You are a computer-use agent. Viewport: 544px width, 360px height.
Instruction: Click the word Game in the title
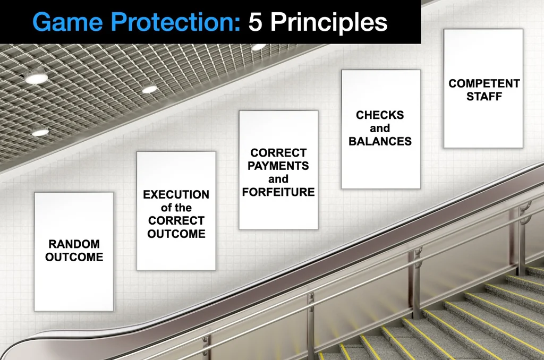click(x=67, y=22)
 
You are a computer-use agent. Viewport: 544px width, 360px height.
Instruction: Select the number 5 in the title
click(x=255, y=22)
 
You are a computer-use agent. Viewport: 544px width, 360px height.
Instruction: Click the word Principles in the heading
click(x=329, y=23)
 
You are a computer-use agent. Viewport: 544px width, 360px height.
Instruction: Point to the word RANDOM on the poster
click(x=74, y=244)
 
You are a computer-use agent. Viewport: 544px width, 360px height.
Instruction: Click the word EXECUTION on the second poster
click(x=176, y=194)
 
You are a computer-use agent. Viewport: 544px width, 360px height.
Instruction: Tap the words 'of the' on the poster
click(x=176, y=208)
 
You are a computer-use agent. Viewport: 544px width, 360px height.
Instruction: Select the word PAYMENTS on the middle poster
click(x=278, y=166)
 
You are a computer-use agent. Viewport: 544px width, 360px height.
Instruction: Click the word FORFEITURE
click(x=278, y=192)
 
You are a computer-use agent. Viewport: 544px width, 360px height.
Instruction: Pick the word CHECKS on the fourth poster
click(x=380, y=115)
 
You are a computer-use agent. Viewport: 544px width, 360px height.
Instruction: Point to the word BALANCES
click(x=380, y=141)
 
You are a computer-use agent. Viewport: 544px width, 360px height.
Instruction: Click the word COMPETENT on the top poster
click(x=484, y=83)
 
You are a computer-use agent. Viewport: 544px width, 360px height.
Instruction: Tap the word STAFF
click(x=484, y=97)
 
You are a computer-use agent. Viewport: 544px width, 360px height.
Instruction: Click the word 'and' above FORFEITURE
click(x=278, y=179)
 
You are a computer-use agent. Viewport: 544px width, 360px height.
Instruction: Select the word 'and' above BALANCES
click(x=380, y=128)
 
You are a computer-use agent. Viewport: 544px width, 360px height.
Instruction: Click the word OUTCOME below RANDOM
click(x=74, y=257)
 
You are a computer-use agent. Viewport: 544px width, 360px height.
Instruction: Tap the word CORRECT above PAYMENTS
click(x=278, y=152)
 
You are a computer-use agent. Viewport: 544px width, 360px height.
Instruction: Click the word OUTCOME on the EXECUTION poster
click(x=176, y=234)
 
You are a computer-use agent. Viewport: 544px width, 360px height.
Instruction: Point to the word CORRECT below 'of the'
click(x=176, y=220)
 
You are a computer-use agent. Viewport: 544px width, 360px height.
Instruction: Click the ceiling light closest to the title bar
click(x=258, y=47)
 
